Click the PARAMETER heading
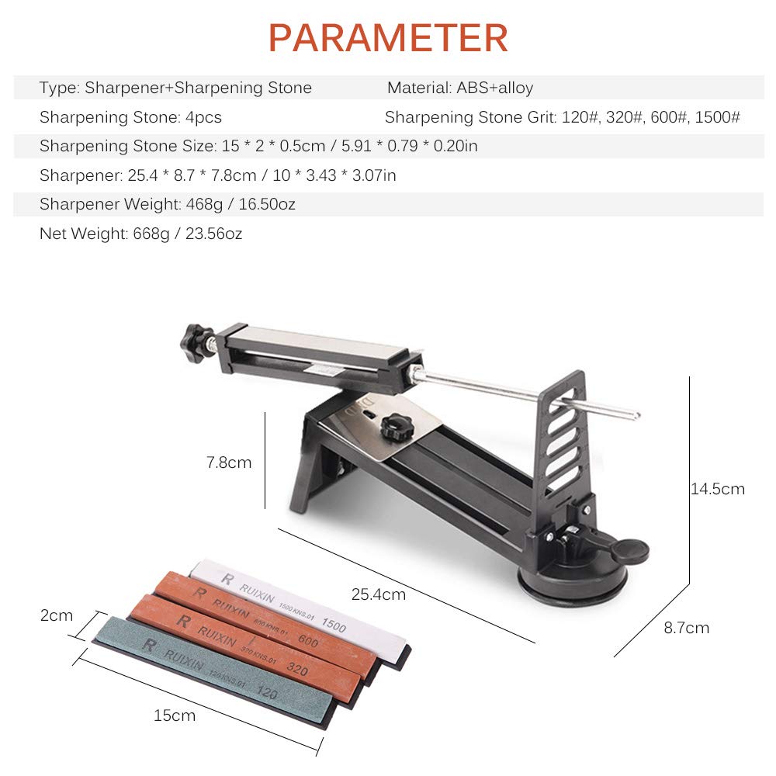tap(388, 37)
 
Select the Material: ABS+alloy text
tap(460, 88)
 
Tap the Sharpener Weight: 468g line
tap(167, 204)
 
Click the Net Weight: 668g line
tap(140, 234)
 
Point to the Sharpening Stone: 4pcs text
tap(130, 117)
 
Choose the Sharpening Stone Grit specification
tap(562, 117)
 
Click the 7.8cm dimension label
tap(229, 462)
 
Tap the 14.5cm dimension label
tap(717, 489)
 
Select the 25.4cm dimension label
tap(379, 594)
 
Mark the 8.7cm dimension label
tap(686, 628)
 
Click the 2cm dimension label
tap(57, 615)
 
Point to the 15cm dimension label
tap(175, 715)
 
